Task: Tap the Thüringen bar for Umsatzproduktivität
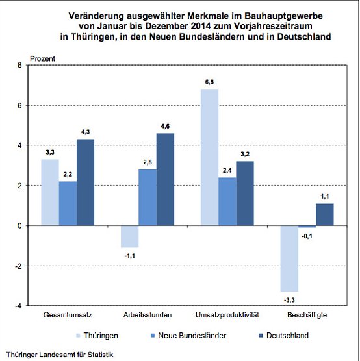click(x=209, y=157)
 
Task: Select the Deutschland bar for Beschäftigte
click(x=325, y=214)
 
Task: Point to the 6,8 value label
click(x=210, y=82)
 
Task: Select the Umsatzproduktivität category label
click(x=227, y=315)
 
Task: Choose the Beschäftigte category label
click(x=307, y=315)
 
